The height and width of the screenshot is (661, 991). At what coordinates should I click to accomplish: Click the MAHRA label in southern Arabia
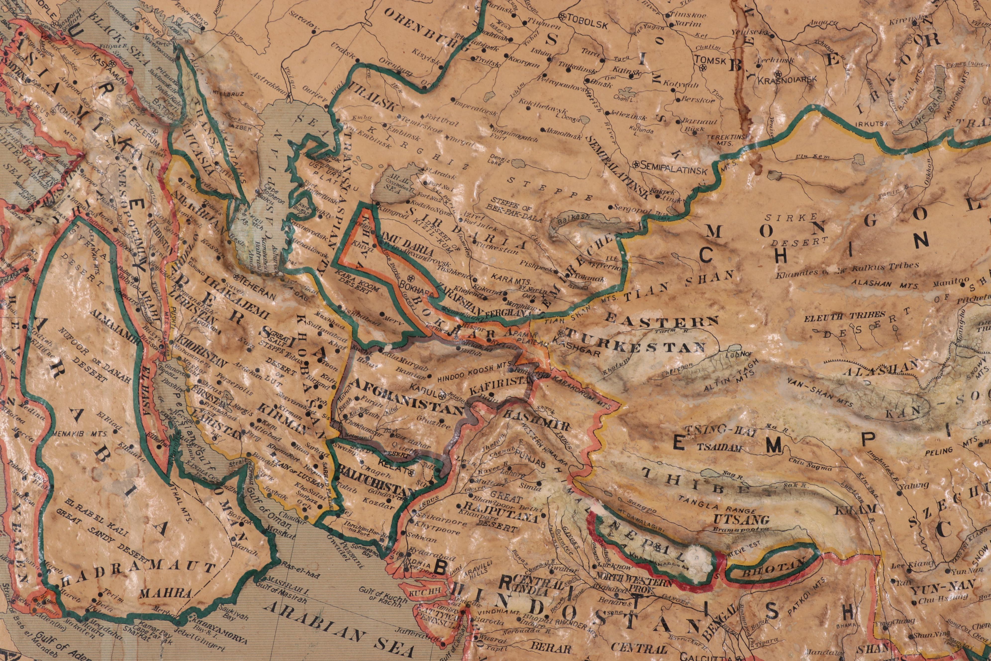[165, 594]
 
